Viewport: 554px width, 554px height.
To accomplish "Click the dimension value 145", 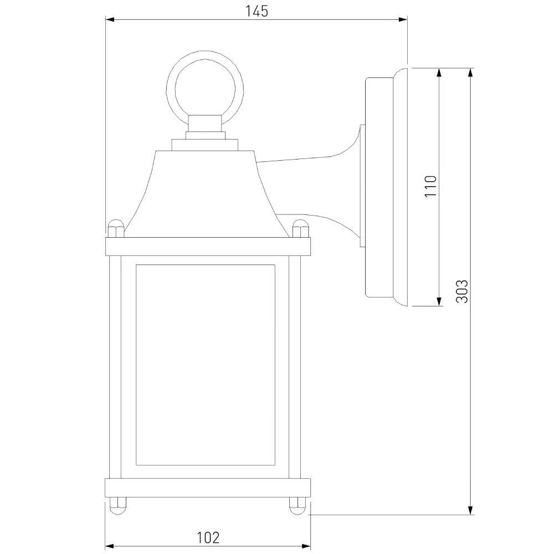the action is click(x=257, y=11).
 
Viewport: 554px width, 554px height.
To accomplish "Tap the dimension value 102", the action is click(x=208, y=538).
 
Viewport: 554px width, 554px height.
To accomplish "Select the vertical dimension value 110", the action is click(x=430, y=186).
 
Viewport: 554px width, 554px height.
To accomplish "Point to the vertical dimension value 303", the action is click(x=462, y=291).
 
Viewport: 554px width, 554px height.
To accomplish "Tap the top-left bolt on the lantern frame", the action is click(x=116, y=228).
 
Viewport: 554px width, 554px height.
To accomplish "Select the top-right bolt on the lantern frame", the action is click(x=301, y=228).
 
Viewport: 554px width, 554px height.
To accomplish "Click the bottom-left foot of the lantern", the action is click(x=117, y=506).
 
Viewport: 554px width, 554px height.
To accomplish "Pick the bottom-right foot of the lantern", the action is click(x=298, y=506).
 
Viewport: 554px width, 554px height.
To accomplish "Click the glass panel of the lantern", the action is click(x=206, y=365).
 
